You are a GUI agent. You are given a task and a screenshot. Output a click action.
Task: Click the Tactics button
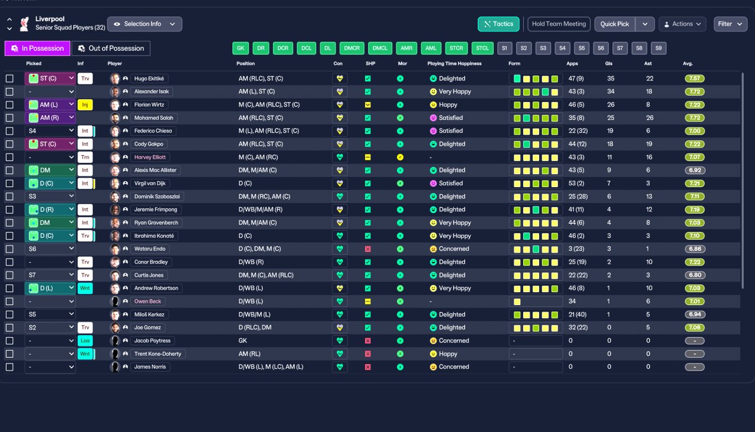(498, 24)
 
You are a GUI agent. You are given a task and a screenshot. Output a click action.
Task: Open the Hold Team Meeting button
(558, 24)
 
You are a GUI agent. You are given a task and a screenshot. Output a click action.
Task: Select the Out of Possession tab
(111, 48)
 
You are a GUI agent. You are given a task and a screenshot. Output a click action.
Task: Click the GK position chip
(240, 48)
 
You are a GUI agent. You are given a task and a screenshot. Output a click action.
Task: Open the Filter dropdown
(730, 24)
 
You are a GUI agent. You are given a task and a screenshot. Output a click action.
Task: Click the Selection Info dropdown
(145, 24)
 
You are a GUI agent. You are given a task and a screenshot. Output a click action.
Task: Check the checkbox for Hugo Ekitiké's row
(9, 78)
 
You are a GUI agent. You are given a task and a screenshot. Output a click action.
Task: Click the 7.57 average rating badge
(694, 78)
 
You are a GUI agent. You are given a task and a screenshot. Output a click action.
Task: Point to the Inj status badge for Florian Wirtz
(85, 104)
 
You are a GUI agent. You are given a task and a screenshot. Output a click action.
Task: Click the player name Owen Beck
(147, 302)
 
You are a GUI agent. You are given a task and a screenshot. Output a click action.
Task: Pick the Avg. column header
(688, 63)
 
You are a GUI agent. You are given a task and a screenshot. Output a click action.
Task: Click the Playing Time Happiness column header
(454, 63)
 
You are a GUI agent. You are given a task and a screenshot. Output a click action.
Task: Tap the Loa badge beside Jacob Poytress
(85, 341)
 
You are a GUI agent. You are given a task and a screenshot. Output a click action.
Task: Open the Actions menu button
(682, 24)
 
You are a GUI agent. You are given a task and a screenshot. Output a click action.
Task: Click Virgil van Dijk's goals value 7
(608, 184)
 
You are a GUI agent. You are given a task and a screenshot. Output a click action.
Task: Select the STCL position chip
(482, 48)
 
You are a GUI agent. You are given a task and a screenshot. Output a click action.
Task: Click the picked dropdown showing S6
(50, 249)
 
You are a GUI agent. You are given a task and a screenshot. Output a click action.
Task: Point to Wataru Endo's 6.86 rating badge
(694, 249)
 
